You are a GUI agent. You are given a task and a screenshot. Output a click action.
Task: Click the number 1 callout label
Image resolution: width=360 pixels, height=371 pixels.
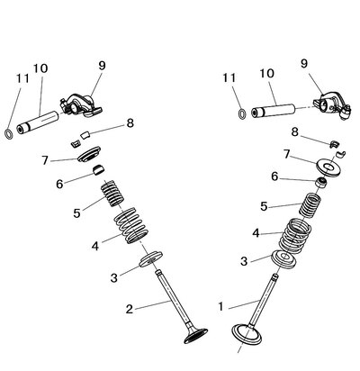tap(220, 307)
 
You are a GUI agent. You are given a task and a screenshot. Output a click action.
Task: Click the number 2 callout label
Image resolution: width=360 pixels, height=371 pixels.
tap(130, 309)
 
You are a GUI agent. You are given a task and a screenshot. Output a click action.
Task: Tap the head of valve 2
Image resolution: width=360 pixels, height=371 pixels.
tap(195, 336)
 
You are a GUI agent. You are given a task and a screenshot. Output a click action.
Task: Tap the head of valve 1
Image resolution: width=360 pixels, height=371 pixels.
tap(247, 334)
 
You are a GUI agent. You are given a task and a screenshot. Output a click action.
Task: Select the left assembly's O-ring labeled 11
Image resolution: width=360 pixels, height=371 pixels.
tap(9, 134)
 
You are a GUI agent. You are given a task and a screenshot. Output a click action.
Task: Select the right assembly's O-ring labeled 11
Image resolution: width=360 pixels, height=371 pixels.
tap(242, 113)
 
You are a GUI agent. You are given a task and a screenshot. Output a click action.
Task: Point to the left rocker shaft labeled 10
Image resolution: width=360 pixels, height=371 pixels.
tap(38, 122)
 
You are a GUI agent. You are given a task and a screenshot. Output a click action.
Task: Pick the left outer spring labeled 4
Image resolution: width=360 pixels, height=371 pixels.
tap(131, 226)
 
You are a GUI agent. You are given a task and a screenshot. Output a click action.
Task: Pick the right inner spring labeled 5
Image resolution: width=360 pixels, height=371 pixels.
tap(310, 205)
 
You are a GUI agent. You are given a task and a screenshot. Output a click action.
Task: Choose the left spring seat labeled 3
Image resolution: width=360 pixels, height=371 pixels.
tap(151, 259)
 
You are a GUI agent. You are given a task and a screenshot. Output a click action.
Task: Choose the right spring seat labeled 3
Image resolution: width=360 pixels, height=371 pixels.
tap(283, 258)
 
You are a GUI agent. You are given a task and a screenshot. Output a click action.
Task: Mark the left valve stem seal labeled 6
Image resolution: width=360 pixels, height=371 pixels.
tap(98, 170)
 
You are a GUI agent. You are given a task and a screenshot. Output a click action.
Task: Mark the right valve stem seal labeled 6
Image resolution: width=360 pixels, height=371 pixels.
tap(321, 183)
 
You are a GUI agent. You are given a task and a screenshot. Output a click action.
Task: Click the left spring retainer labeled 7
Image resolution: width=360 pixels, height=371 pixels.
tap(89, 154)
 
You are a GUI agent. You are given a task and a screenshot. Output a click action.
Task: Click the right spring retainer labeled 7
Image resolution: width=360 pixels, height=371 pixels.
tap(328, 167)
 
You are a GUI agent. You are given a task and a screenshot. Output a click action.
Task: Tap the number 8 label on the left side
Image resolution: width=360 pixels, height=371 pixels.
tap(130, 123)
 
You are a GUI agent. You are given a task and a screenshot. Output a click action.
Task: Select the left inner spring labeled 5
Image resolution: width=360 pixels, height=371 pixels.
tap(112, 194)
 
